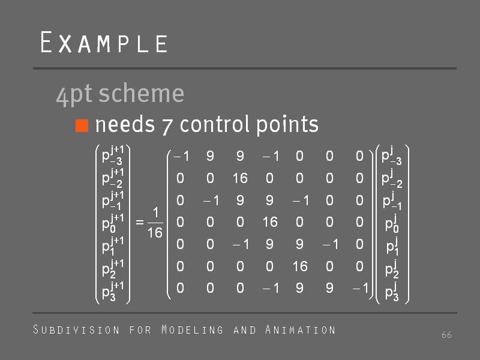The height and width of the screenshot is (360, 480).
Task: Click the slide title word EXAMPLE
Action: tap(104, 42)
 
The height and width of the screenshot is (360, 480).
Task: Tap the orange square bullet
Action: tap(82, 125)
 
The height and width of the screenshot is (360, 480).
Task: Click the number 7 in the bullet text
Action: tap(167, 127)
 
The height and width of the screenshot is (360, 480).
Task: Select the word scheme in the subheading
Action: tap(142, 94)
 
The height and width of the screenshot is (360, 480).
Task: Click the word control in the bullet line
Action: tap(215, 124)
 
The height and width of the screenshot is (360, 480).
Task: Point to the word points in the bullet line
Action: tap(287, 125)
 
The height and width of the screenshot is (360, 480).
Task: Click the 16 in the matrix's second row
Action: tap(239, 178)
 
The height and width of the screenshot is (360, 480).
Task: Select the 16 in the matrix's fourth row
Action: tap(269, 222)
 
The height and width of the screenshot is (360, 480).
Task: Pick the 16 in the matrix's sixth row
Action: tap(299, 266)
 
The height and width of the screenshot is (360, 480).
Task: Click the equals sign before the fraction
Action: tap(140, 222)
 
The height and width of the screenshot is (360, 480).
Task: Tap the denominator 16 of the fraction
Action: tap(155, 233)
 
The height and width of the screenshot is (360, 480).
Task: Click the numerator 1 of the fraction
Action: tap(156, 212)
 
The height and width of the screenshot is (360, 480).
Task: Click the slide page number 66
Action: tap(446, 335)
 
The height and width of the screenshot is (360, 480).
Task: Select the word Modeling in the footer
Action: tap(193, 329)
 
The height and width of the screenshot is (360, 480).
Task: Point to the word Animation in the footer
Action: tap(301, 329)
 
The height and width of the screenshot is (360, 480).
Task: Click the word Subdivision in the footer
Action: tap(76, 329)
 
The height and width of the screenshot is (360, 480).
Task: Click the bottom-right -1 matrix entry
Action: tap(360, 288)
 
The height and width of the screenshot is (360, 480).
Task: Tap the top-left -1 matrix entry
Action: tap(181, 157)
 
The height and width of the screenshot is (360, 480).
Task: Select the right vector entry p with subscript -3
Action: tap(392, 156)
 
